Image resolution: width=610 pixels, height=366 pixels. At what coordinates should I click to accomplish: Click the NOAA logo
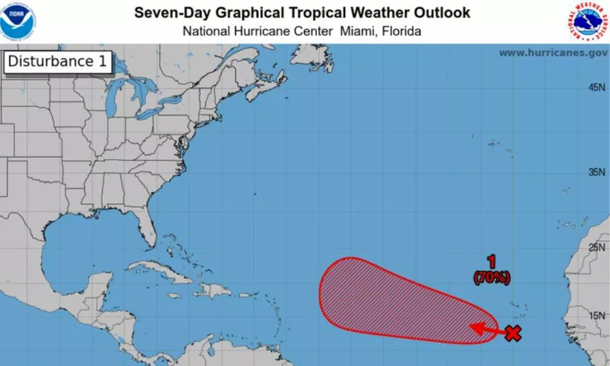coord(18,21)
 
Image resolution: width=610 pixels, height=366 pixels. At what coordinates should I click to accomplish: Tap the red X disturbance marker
coord(513,334)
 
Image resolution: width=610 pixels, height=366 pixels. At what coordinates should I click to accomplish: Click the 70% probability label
coord(491,279)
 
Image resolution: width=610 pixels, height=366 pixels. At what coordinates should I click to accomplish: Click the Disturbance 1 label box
coord(58,62)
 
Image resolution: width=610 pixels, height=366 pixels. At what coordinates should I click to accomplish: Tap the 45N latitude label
coord(597,88)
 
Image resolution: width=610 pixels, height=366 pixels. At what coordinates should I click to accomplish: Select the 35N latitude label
coord(597,172)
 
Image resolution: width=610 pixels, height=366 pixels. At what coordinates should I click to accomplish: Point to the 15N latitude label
coord(597,316)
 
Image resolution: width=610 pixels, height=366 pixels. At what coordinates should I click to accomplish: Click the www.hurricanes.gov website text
coord(553,53)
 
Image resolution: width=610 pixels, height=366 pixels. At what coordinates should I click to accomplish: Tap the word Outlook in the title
coord(444,13)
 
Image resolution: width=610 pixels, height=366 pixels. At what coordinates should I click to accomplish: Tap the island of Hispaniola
coord(214,291)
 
